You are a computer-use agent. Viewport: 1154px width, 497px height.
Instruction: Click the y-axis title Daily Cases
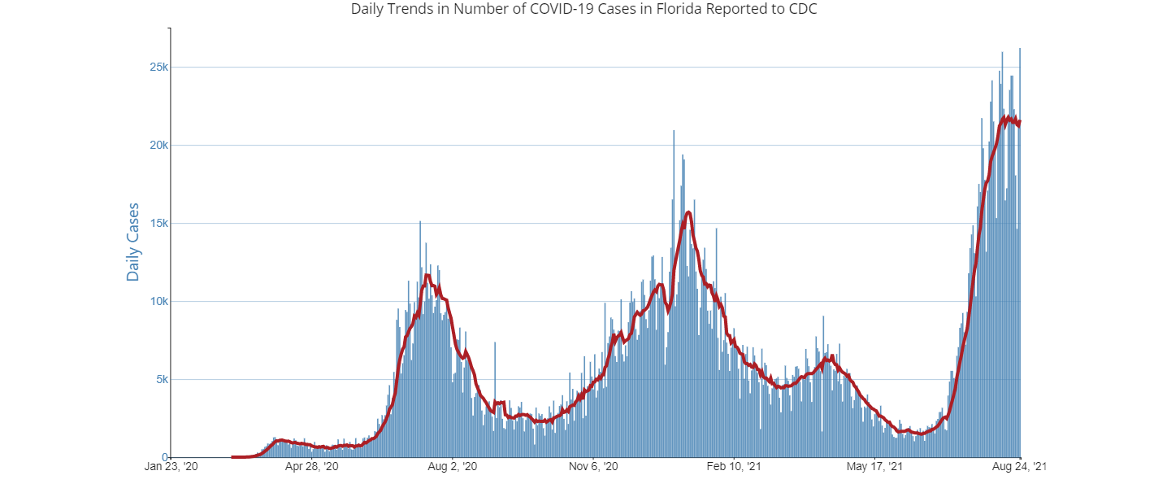[133, 242]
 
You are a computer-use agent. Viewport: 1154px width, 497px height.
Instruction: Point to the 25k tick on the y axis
[158, 67]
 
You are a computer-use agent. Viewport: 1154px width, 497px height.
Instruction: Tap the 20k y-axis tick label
[158, 145]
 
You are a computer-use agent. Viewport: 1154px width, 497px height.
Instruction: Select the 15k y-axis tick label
[158, 223]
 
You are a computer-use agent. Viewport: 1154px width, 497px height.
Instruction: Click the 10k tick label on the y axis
[158, 301]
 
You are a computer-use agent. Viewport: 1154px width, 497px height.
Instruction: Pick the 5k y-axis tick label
[160, 379]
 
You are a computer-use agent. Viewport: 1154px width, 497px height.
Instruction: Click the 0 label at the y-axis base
[165, 457]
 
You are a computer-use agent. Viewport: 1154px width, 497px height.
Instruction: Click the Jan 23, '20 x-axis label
[171, 467]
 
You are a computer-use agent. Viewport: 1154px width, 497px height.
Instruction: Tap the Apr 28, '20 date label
[311, 467]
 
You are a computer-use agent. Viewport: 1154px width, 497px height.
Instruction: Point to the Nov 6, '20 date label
[594, 467]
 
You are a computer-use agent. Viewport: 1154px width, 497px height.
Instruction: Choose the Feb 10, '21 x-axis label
[734, 467]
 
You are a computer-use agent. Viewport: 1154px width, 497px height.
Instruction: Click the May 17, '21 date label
[875, 467]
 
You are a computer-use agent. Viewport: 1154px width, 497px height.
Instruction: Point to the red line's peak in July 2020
[427, 275]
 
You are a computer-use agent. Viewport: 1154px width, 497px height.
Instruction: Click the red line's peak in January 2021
[688, 212]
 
